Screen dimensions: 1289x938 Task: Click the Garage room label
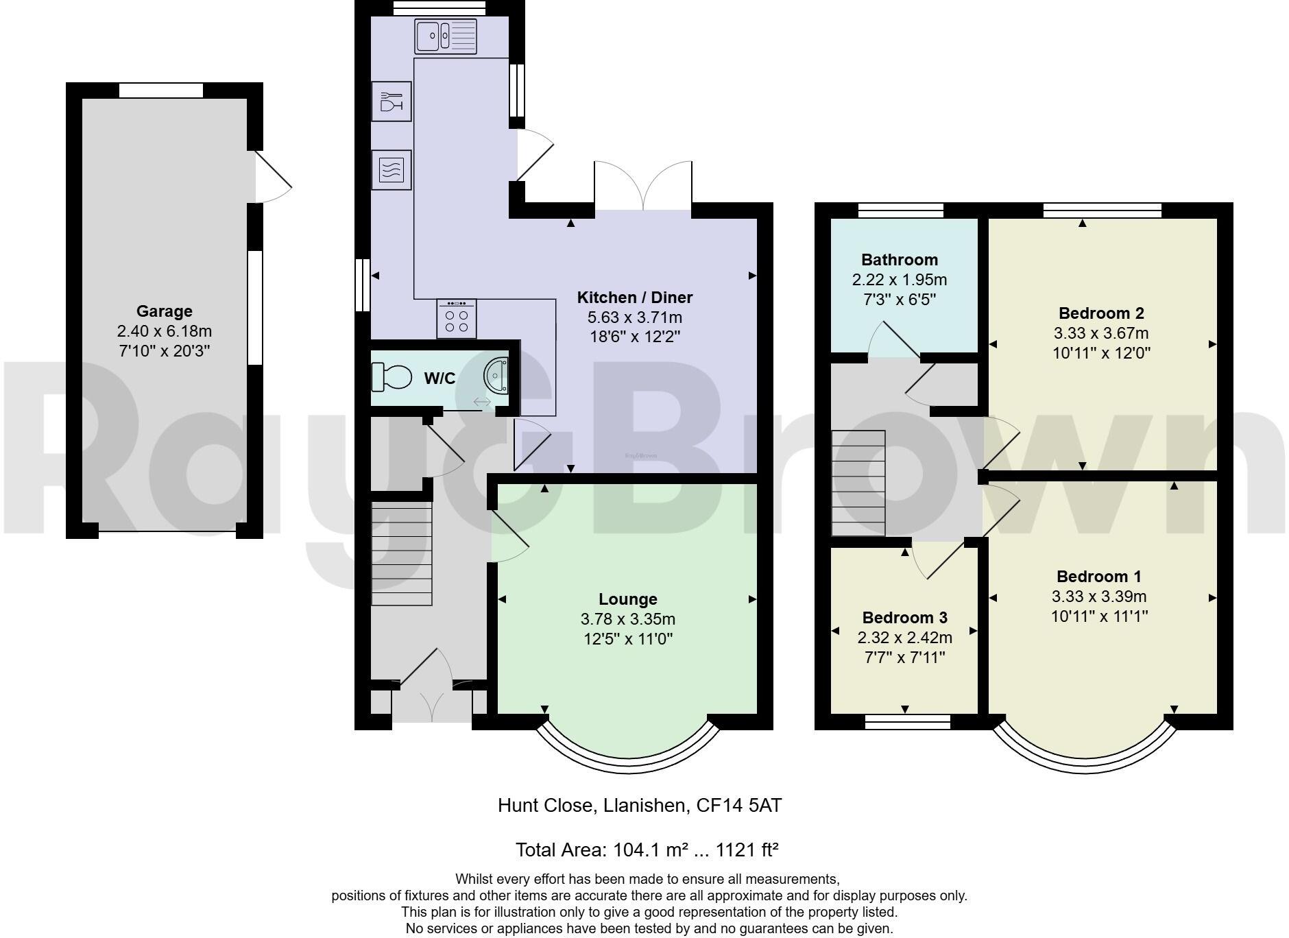coord(164,311)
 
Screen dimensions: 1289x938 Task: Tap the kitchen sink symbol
coord(446,36)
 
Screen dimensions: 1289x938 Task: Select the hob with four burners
coord(457,319)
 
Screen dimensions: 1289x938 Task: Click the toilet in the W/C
coord(391,376)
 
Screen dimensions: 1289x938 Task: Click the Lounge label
coord(628,599)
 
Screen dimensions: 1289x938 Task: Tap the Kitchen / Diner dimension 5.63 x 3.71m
coord(635,317)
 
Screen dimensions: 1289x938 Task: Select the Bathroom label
coord(900,260)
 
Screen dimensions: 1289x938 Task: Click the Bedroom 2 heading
coord(1102,313)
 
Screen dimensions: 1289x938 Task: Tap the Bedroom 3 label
coord(905,618)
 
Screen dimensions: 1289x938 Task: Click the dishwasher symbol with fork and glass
coord(391,101)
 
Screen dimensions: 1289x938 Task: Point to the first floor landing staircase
coord(858,483)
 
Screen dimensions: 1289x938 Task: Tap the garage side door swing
coord(274,177)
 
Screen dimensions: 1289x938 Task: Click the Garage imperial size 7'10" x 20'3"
coord(164,352)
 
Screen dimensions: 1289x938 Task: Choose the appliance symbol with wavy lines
coord(391,169)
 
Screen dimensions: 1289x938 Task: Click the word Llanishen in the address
coord(645,805)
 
